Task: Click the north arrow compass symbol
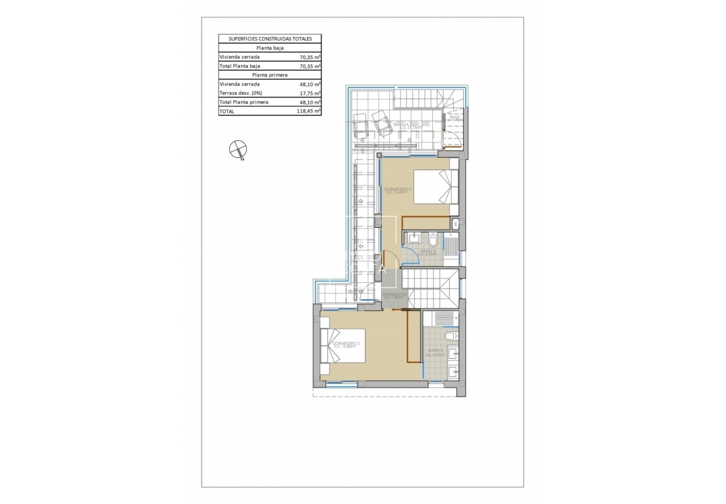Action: pyautogui.click(x=237, y=149)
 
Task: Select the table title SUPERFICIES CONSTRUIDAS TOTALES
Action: pyautogui.click(x=270, y=39)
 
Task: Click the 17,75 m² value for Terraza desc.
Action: pyautogui.click(x=310, y=93)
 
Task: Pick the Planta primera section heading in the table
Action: pyautogui.click(x=270, y=75)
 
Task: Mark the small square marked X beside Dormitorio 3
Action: pyautogui.click(x=455, y=224)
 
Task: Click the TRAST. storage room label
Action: pyautogui.click(x=455, y=118)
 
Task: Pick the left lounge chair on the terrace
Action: pyautogui.click(x=361, y=125)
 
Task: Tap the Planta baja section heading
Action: pyautogui.click(x=270, y=48)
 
